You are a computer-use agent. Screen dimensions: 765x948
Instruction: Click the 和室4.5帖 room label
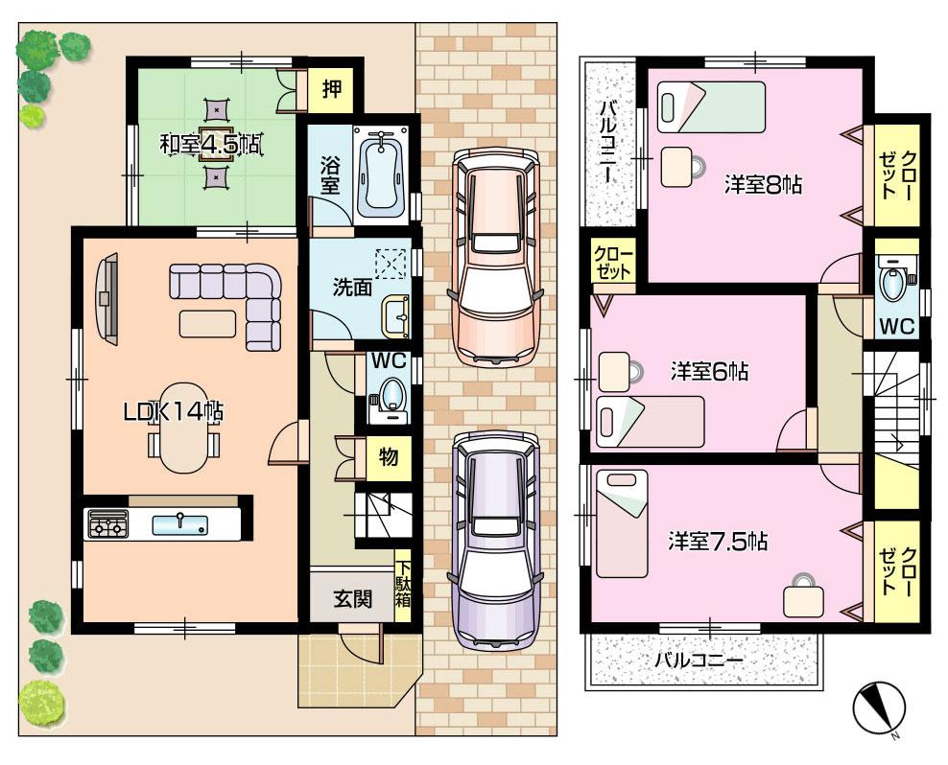[x=210, y=145]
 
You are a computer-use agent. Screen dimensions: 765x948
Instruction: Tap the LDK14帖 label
[x=173, y=412]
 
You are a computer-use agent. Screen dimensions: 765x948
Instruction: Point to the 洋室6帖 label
[x=710, y=370]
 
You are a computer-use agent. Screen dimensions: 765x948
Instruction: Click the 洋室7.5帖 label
[x=718, y=542]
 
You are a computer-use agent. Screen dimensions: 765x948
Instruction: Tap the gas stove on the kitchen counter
[x=107, y=524]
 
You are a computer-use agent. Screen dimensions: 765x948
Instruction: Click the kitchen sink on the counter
[x=179, y=522]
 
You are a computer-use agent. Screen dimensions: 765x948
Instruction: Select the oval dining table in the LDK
[x=182, y=427]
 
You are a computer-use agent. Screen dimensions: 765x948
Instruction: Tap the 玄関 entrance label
[x=352, y=599]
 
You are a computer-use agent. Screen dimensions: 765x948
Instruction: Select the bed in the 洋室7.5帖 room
[x=622, y=522]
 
